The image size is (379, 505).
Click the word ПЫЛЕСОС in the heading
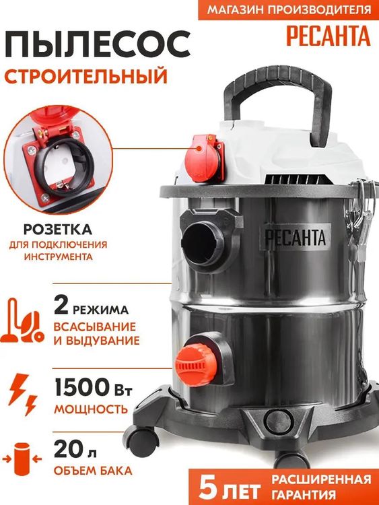pos(98,44)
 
